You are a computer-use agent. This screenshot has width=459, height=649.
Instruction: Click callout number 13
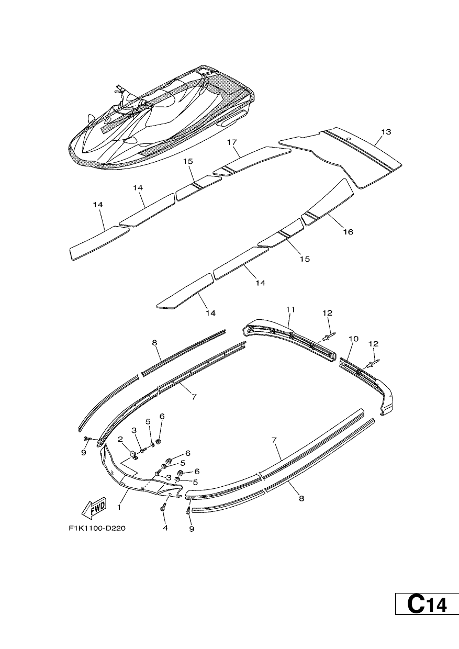(x=386, y=132)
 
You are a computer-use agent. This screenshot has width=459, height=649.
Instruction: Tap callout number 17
(x=232, y=142)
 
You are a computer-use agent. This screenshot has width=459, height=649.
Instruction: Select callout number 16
(x=349, y=232)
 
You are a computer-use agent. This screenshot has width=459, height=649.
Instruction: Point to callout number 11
(x=290, y=310)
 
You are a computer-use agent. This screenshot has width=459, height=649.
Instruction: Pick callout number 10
(x=353, y=339)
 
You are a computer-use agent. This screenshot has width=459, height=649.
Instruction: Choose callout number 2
(x=120, y=447)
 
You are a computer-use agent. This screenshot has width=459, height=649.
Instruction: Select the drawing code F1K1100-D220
(x=97, y=528)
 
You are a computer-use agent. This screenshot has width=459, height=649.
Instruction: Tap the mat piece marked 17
(x=252, y=161)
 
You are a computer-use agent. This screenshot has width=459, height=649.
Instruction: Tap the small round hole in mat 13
(x=349, y=139)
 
